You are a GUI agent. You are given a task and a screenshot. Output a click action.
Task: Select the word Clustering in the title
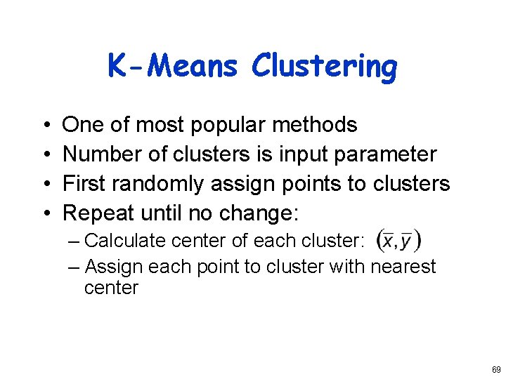324,67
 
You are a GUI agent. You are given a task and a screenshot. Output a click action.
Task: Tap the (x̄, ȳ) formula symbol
399,241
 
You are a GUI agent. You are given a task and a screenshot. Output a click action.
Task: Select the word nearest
401,267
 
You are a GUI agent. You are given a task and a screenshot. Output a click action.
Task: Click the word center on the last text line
111,288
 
